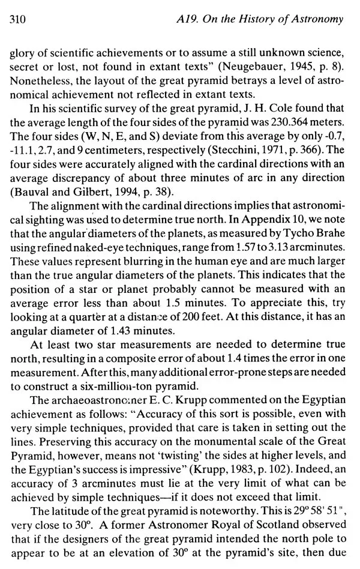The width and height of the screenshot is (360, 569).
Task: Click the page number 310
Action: (17, 19)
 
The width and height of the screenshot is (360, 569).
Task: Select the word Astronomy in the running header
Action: (318, 19)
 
